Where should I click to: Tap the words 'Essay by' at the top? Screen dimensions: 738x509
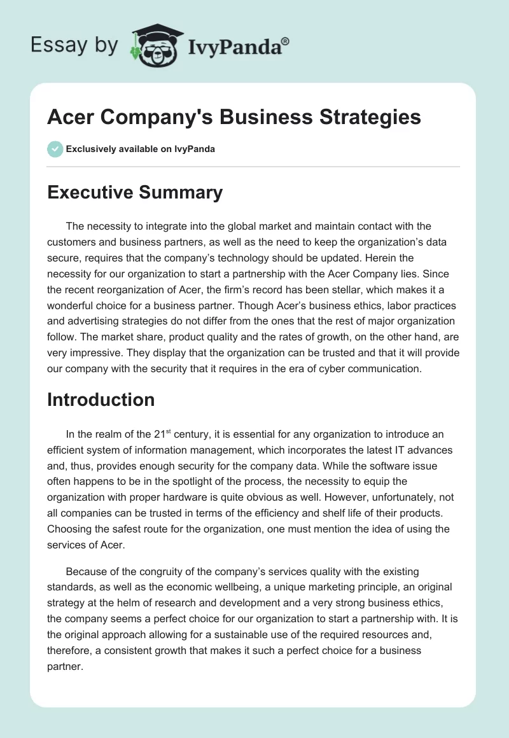[x=74, y=45]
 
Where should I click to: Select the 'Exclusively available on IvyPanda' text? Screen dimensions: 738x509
[x=140, y=149]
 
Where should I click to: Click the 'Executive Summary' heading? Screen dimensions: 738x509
[x=135, y=192]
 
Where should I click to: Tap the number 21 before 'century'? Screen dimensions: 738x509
[x=160, y=435]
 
